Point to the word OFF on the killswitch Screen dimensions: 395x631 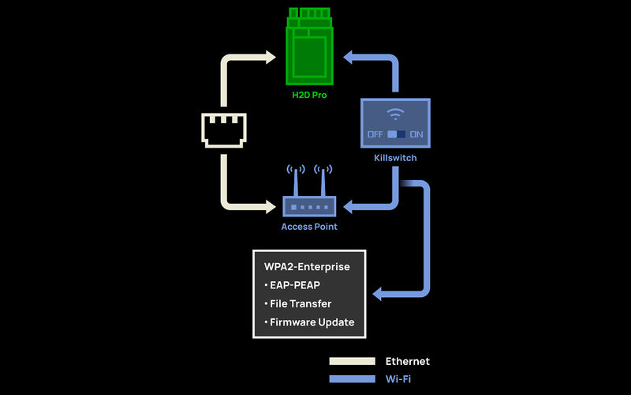coord(375,134)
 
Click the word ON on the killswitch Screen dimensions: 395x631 coord(416,134)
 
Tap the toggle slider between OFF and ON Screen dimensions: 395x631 coord(396,134)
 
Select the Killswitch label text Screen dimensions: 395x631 coord(395,158)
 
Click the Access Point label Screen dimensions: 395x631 coord(309,227)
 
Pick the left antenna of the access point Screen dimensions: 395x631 coord(296,180)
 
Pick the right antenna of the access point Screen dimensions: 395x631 coord(322,180)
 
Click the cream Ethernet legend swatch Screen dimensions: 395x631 coord(352,361)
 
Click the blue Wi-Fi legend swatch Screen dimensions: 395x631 coord(352,379)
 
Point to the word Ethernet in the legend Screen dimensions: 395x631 coord(407,361)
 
